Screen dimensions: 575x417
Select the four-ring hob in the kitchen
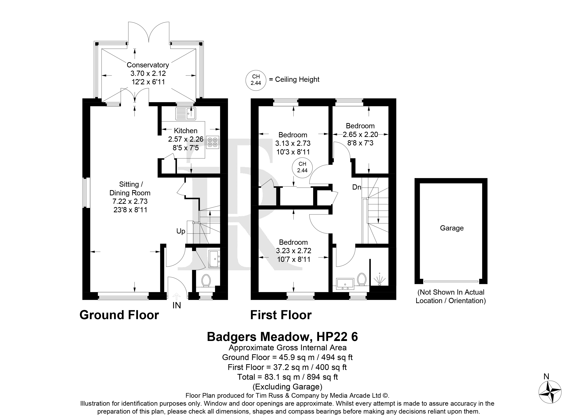click(x=213, y=142)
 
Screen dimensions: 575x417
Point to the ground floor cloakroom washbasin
click(x=214, y=259)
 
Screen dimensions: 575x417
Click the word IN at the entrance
click(x=177, y=306)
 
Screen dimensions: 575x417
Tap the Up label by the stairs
click(x=181, y=231)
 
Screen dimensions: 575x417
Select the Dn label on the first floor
click(x=357, y=187)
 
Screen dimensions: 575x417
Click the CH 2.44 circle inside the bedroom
click(x=302, y=167)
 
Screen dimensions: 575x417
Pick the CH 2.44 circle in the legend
click(x=256, y=80)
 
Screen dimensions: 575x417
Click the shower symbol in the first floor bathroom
click(x=379, y=280)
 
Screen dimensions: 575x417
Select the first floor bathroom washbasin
click(x=345, y=284)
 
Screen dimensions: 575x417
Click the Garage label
click(x=452, y=228)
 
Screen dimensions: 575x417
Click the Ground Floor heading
click(x=119, y=315)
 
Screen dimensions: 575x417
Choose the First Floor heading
click(x=281, y=315)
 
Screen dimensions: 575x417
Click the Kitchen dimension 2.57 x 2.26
click(x=186, y=139)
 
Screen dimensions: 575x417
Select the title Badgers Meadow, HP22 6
click(x=282, y=337)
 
